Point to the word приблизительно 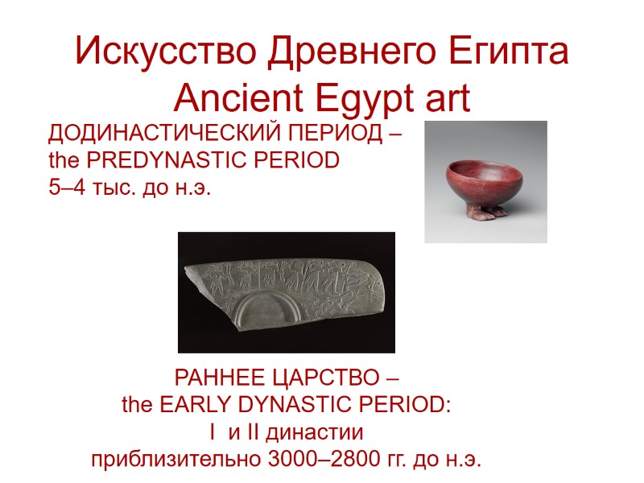[x=171, y=461]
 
